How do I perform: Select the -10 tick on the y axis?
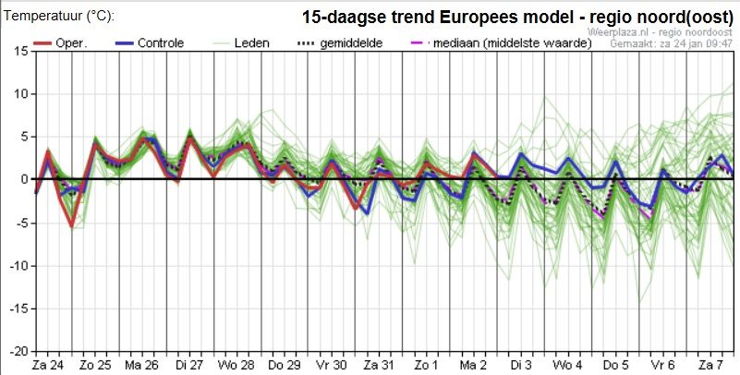tap(18, 265)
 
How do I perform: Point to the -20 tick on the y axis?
tap(18, 351)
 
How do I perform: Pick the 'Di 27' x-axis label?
tap(190, 365)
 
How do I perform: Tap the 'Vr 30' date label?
tap(331, 365)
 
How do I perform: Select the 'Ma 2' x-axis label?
tap(472, 365)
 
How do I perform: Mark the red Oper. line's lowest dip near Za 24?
tap(71, 226)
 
